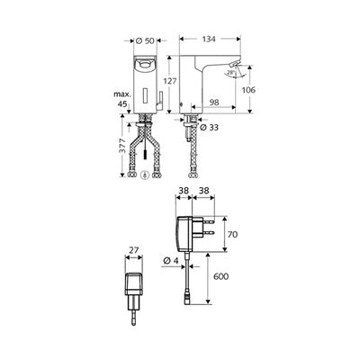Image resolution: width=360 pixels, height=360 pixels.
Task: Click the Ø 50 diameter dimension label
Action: (145, 40)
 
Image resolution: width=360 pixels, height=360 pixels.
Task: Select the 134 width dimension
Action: (209, 39)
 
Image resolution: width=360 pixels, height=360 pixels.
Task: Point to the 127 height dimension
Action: (170, 81)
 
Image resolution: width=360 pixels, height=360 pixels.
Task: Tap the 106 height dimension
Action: (248, 90)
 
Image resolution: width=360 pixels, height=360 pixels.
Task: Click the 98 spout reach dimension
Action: (214, 103)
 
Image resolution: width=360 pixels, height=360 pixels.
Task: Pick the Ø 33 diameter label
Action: (209, 128)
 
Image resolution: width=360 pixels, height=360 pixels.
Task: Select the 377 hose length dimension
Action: (122, 146)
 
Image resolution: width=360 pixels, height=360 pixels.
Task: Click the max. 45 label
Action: (122, 99)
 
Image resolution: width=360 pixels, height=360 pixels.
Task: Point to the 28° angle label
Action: (231, 73)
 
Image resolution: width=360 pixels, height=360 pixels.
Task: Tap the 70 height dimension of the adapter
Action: (232, 234)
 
